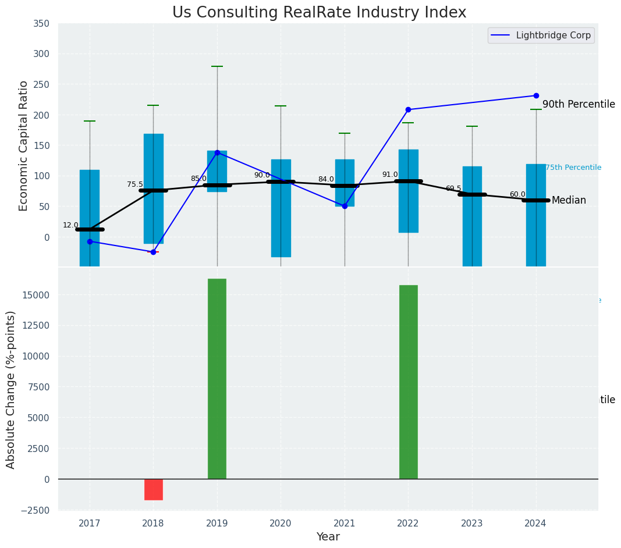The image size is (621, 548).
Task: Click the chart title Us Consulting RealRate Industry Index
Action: [319, 13]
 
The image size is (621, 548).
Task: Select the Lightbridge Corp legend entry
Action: [541, 35]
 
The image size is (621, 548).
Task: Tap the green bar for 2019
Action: [217, 379]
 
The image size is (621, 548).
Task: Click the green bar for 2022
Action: [408, 382]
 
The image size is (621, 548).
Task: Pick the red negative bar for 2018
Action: [154, 489]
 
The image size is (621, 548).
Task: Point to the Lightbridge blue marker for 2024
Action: [536, 95]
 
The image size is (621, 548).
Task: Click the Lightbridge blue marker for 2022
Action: [408, 109]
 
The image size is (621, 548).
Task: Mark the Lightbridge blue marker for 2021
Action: [345, 206]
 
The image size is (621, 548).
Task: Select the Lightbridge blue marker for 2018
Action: [153, 252]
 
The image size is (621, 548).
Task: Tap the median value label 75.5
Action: [134, 184]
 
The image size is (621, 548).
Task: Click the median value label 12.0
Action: [70, 225]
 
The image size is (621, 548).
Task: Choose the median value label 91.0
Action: [390, 175]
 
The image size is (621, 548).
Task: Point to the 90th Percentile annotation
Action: [579, 104]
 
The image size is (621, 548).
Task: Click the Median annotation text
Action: [569, 200]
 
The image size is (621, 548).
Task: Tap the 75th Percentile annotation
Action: [573, 168]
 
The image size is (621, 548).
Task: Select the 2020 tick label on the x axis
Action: [281, 523]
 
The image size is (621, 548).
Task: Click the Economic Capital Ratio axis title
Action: [24, 145]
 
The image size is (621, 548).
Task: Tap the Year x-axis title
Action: [328, 536]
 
